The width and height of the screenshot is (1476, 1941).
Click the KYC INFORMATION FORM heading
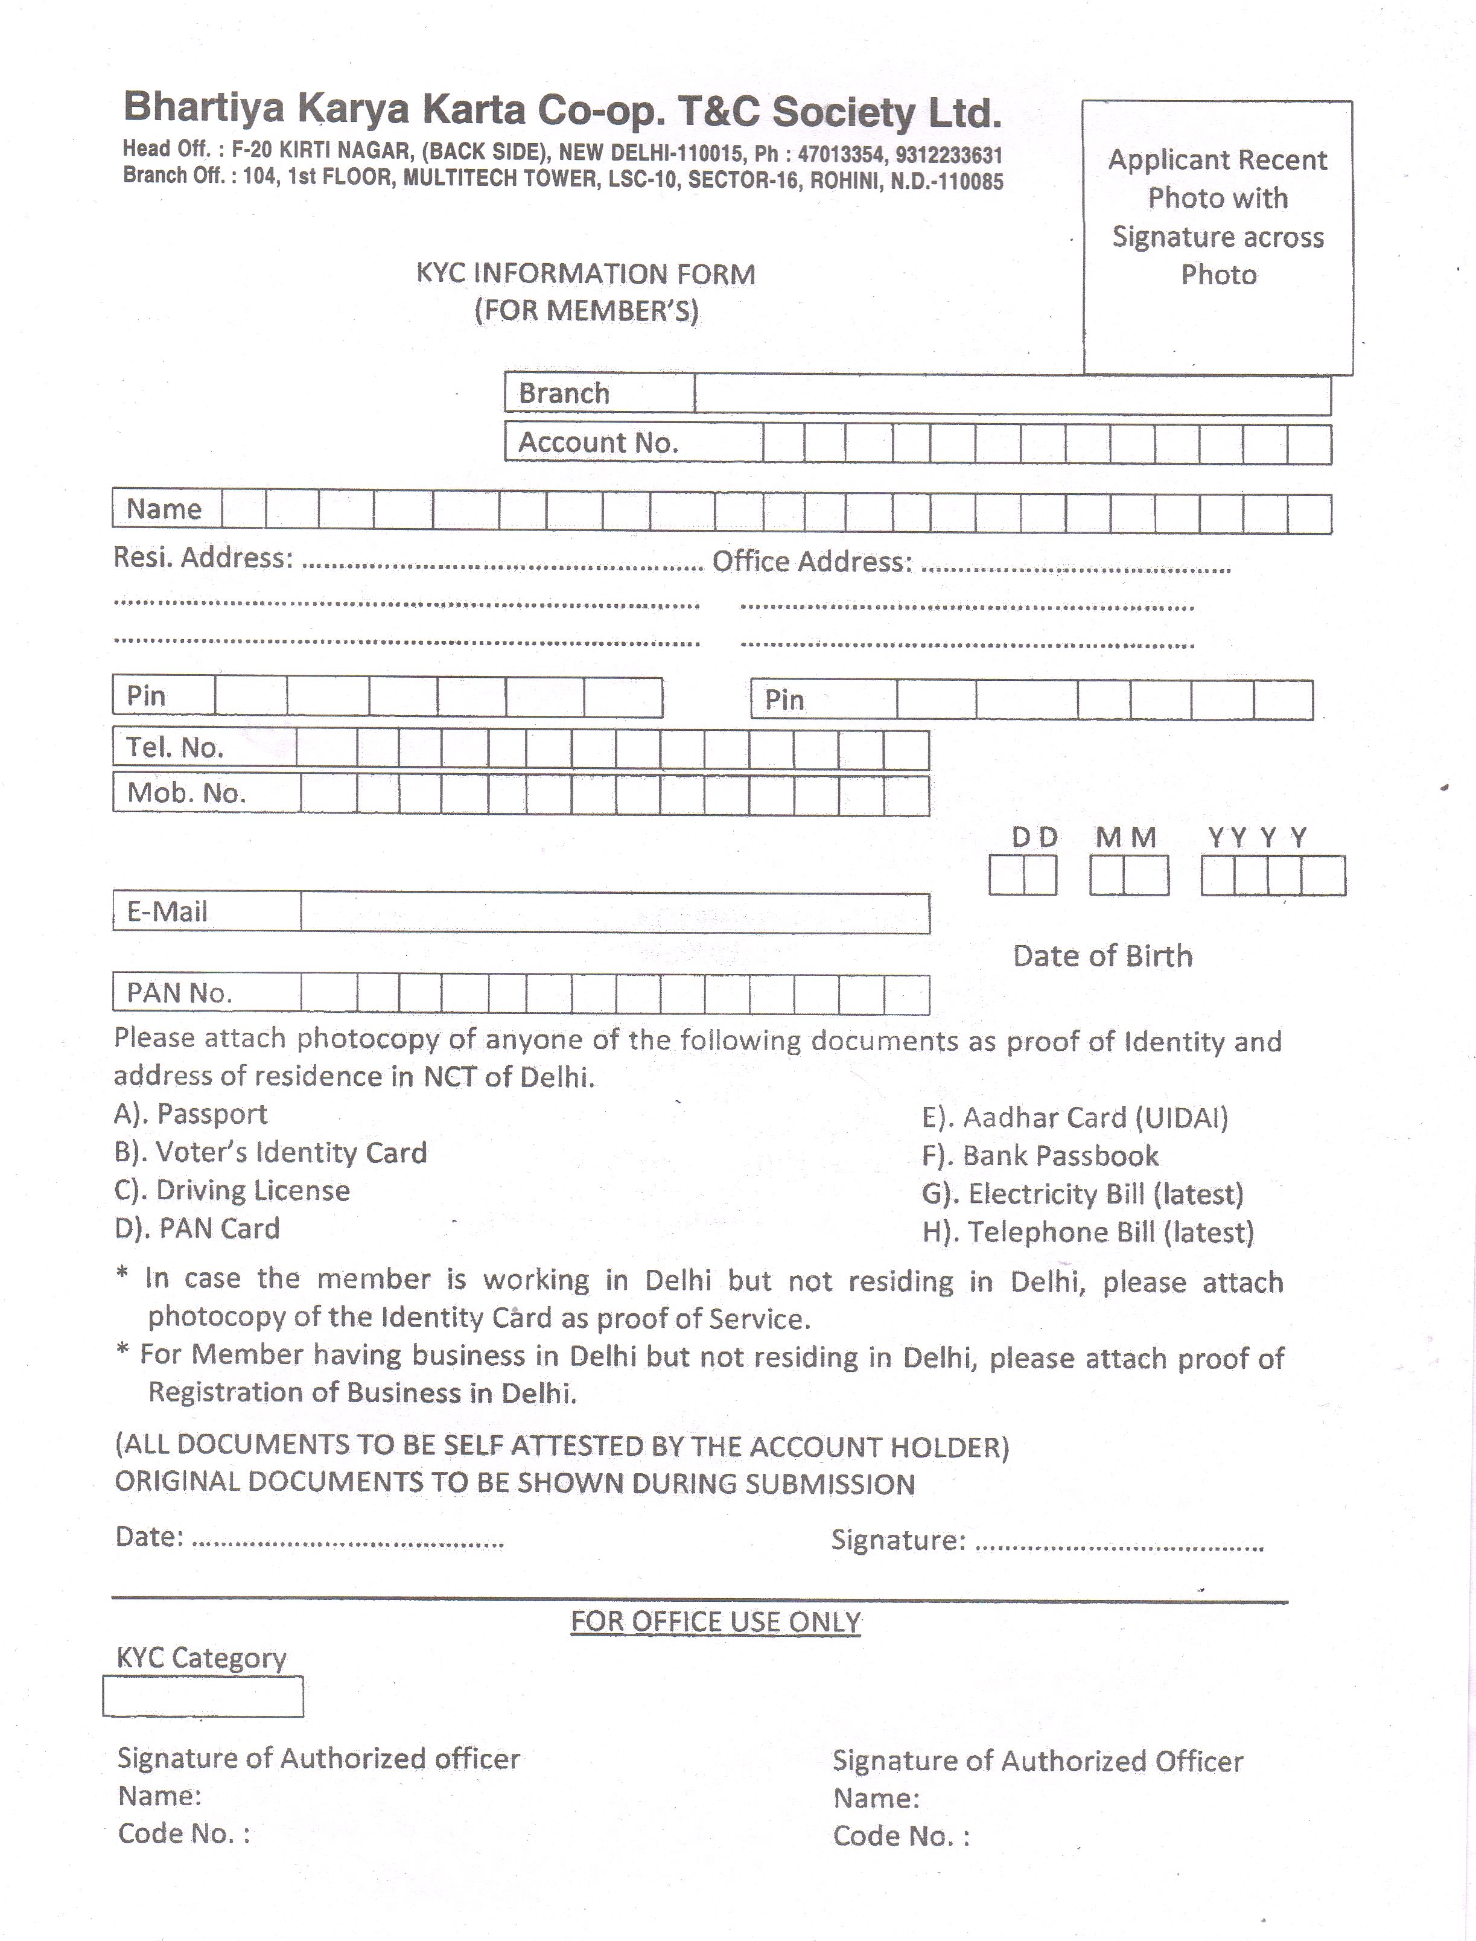click(x=585, y=274)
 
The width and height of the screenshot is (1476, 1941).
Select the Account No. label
click(x=599, y=443)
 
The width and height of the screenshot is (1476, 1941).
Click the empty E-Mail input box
click(x=614, y=913)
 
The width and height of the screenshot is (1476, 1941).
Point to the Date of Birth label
click(x=1102, y=956)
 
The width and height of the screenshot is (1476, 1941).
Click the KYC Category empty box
click(x=203, y=1696)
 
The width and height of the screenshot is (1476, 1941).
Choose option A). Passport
click(x=191, y=1114)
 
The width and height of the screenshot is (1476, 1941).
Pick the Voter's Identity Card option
click(x=270, y=1152)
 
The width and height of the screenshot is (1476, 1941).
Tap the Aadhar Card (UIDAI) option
click(x=1075, y=1118)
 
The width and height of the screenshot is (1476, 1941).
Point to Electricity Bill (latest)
click(x=1083, y=1194)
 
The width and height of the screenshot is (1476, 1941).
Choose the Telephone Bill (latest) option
click(x=1087, y=1233)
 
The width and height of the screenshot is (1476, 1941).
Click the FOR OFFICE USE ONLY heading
click(x=716, y=1622)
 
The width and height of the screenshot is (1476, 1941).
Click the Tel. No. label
click(x=175, y=748)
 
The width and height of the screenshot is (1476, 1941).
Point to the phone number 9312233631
click(x=949, y=156)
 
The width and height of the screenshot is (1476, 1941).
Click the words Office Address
click(x=812, y=561)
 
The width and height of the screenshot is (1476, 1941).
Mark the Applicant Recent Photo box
click(x=1218, y=237)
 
